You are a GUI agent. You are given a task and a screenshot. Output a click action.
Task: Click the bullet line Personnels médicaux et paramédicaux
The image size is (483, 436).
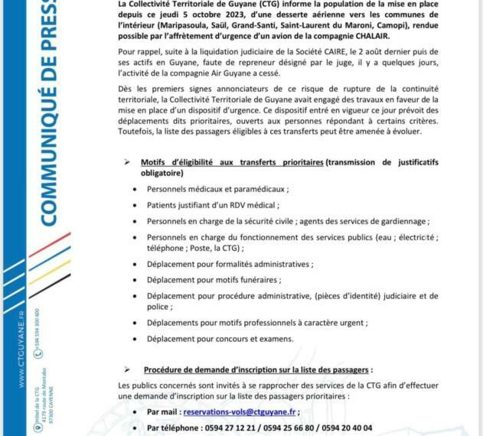click(218, 188)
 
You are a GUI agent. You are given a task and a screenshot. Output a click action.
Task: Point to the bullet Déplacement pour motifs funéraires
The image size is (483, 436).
click(214, 279)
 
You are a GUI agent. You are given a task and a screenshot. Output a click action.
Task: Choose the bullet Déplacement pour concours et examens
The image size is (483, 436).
click(220, 339)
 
